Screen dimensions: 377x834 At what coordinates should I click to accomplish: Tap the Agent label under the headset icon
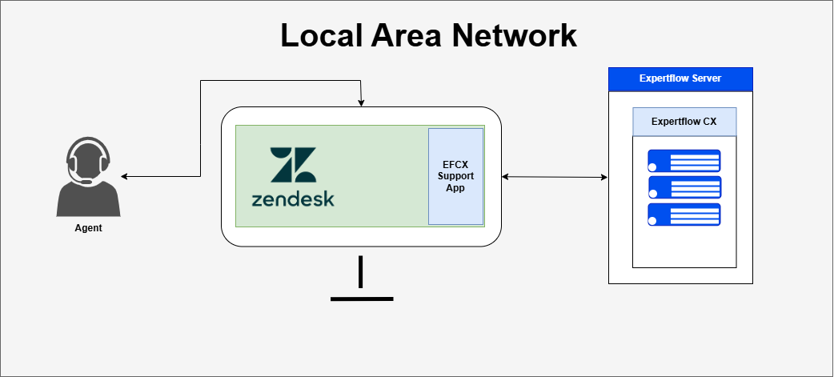point(88,228)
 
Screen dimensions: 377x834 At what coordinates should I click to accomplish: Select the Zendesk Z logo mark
point(293,165)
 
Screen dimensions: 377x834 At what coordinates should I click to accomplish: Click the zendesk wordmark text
point(293,199)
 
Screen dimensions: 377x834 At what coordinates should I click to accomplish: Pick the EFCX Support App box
point(455,176)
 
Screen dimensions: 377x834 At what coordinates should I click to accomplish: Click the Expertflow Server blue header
point(680,78)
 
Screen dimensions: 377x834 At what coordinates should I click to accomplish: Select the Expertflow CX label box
point(684,122)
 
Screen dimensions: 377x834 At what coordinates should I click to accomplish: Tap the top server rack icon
point(684,161)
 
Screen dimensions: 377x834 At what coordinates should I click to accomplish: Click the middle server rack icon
point(684,187)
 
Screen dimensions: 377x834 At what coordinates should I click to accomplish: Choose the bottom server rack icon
point(684,215)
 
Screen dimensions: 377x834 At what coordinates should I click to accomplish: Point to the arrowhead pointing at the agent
point(124,176)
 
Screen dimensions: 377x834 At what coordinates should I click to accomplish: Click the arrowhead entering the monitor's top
point(362,103)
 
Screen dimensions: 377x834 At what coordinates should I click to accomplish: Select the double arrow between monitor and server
point(554,176)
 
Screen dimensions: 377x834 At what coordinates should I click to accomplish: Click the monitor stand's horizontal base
point(362,299)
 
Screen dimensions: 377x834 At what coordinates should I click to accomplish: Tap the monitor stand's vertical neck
point(361,272)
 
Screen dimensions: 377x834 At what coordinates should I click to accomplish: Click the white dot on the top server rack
point(653,166)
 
